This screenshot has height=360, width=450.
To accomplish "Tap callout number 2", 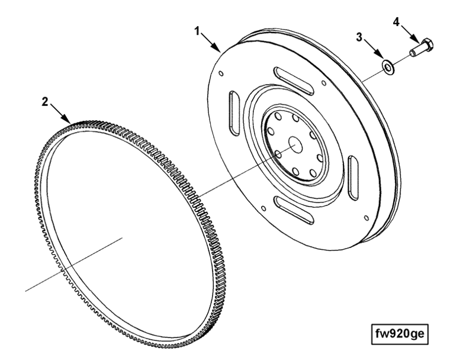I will (45, 101).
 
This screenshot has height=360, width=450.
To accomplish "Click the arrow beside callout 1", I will (210, 41).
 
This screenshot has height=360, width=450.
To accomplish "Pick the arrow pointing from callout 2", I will (60, 112).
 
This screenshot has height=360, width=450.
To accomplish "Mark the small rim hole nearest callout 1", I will (220, 74).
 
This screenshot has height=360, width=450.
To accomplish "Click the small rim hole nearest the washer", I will (323, 85).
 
